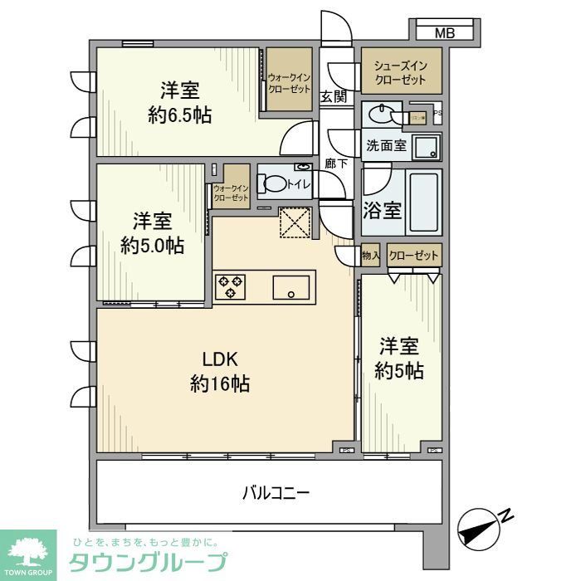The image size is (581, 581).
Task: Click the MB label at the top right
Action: point(446,33)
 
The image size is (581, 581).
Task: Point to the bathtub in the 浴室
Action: point(425,204)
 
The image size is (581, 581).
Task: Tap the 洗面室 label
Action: point(386,146)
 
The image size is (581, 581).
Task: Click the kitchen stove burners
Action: point(230,287)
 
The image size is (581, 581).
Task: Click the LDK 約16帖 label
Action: point(221,372)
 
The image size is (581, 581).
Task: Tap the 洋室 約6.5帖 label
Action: point(179,103)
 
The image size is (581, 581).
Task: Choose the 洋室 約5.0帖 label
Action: point(152,233)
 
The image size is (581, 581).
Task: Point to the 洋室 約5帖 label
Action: point(398,358)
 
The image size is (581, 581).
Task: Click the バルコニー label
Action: point(276,493)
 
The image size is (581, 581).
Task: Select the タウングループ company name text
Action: point(145,562)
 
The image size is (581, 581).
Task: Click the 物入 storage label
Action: point(370,256)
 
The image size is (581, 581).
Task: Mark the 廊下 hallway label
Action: point(334,164)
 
